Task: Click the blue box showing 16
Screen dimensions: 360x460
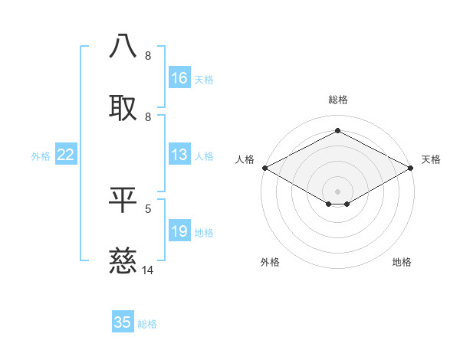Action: point(179,78)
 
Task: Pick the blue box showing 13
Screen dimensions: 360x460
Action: point(179,155)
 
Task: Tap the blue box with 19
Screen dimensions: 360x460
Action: point(179,232)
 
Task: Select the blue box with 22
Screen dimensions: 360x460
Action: point(66,155)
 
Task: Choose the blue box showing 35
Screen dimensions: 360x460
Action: point(123,322)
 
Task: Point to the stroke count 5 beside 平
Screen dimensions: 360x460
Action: point(148,208)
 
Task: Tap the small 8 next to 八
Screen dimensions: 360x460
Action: point(148,55)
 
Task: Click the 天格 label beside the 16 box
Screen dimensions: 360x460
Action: point(204,79)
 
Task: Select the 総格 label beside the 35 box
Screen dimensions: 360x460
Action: point(147,323)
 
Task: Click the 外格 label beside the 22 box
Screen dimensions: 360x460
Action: point(41,155)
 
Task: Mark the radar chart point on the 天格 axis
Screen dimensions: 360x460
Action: point(412,168)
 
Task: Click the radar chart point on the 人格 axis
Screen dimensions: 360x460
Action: point(264,168)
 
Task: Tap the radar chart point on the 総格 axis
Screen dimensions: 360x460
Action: point(337,131)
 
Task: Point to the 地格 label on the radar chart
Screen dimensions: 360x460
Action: point(402,262)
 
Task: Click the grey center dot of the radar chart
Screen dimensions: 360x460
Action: point(337,191)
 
